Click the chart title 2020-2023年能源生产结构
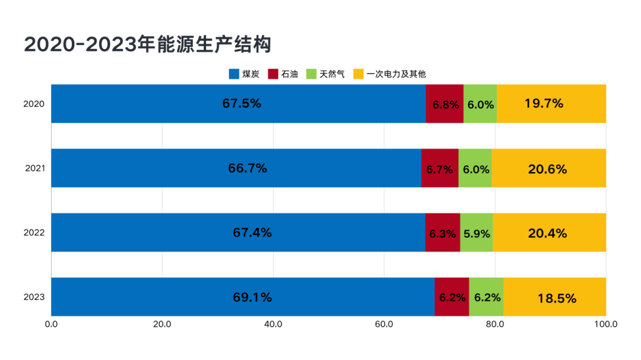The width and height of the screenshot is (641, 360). click(147, 45)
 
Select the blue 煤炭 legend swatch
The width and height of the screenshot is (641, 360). click(234, 74)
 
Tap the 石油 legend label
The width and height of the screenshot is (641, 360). click(290, 74)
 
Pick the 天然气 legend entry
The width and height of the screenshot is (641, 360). click(332, 74)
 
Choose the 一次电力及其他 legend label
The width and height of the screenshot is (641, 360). click(396, 74)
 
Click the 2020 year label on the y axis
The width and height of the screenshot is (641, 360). click(34, 104)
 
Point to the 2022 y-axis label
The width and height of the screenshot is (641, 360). click(34, 232)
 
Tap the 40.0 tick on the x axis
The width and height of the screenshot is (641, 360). click(273, 324)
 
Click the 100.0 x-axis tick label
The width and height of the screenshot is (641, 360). click(605, 324)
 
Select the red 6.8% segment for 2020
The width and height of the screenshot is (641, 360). click(445, 104)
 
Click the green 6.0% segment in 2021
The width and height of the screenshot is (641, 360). click(475, 168)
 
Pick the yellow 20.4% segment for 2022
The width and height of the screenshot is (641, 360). click(549, 232)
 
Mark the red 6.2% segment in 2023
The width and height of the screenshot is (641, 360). click(452, 297)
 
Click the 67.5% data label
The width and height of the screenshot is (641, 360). click(242, 103)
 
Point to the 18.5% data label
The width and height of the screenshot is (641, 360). click(557, 298)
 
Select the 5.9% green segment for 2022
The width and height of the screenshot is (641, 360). click(477, 232)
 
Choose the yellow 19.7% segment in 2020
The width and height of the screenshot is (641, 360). click(551, 104)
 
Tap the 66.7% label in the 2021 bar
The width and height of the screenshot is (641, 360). click(247, 168)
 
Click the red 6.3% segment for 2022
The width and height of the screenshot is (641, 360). click(442, 232)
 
